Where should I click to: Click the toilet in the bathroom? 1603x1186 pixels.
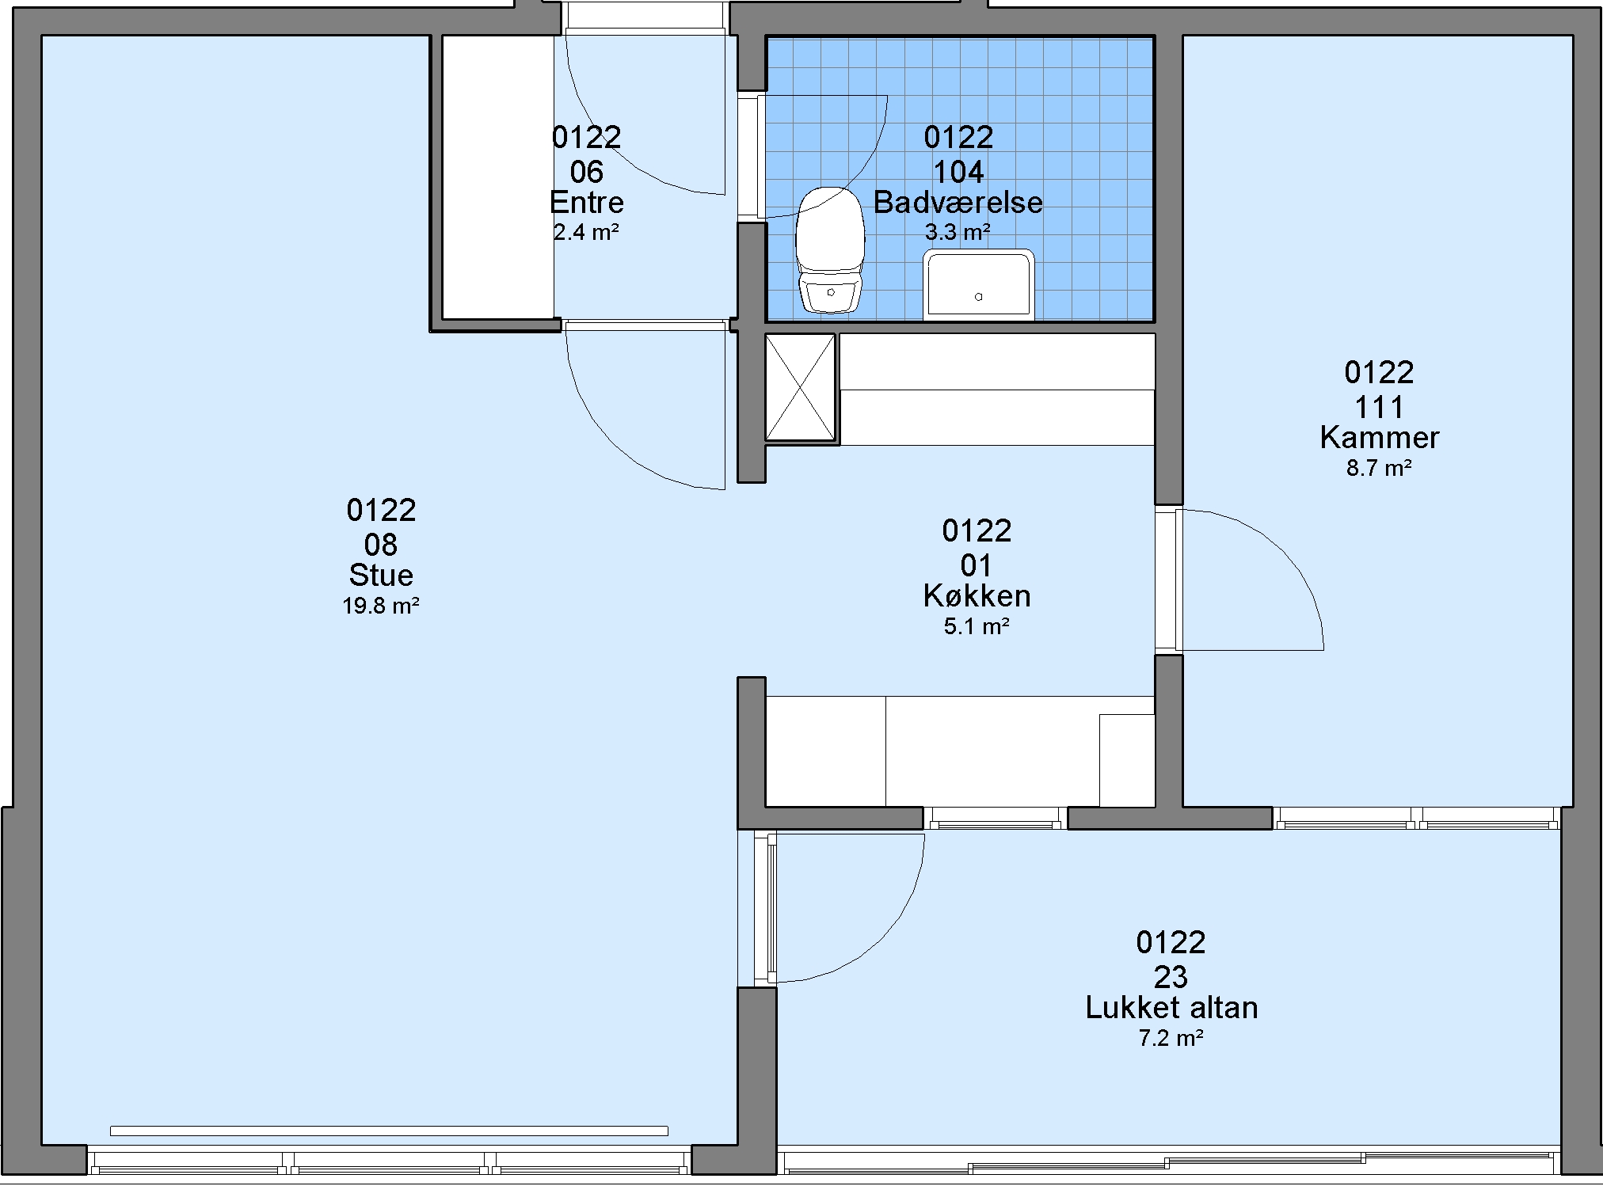(830, 250)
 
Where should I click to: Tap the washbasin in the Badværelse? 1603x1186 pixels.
(979, 285)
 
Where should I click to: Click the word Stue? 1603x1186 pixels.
(381, 575)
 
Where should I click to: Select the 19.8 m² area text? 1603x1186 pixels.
(381, 606)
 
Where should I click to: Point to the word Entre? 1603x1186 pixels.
(587, 203)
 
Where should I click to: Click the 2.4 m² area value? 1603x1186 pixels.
(586, 233)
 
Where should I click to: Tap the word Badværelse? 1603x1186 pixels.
(958, 203)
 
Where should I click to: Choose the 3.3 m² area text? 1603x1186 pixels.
(958, 233)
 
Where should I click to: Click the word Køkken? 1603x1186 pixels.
(977, 596)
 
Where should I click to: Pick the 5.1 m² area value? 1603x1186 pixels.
(977, 627)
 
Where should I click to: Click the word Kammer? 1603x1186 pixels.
(1380, 438)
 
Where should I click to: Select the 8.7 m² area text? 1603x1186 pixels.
(1380, 469)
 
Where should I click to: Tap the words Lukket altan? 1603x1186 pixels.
(1171, 1008)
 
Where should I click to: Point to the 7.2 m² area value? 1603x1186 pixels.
(1171, 1038)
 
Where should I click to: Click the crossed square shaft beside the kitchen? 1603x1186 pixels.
(800, 387)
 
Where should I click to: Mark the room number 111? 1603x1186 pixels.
(1380, 407)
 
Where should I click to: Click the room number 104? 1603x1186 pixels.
(958, 172)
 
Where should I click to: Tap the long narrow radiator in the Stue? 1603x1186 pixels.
(389, 1131)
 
